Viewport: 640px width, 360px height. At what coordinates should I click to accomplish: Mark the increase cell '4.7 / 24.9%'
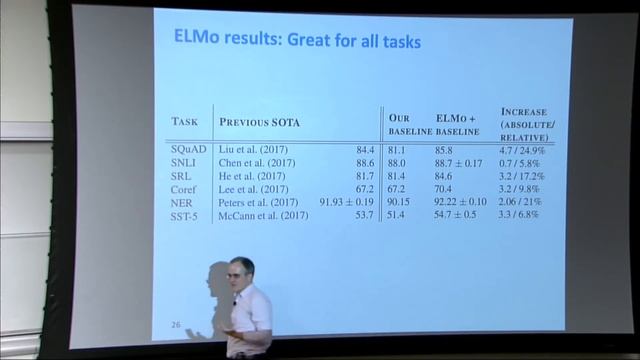tap(526, 148)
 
